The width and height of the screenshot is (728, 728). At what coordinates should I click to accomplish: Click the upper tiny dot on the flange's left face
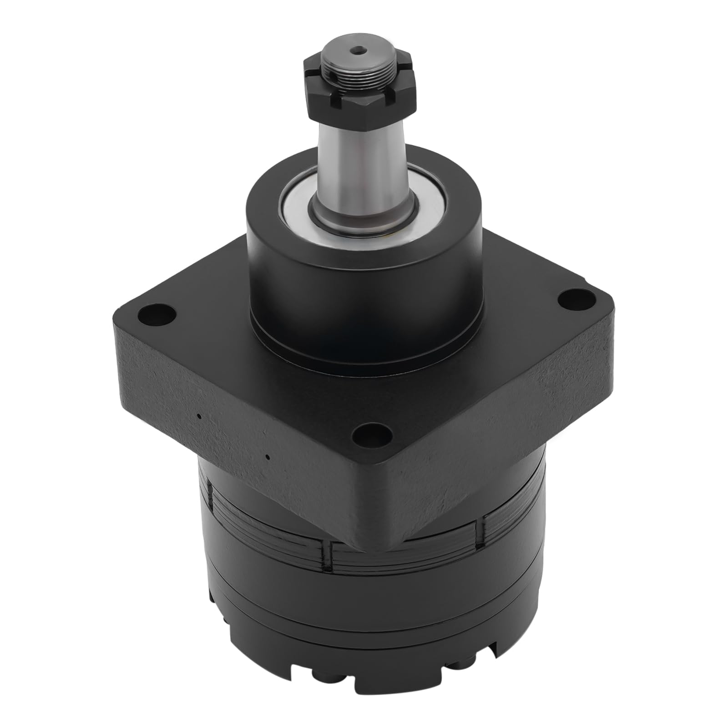pyautogui.click(x=199, y=415)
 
